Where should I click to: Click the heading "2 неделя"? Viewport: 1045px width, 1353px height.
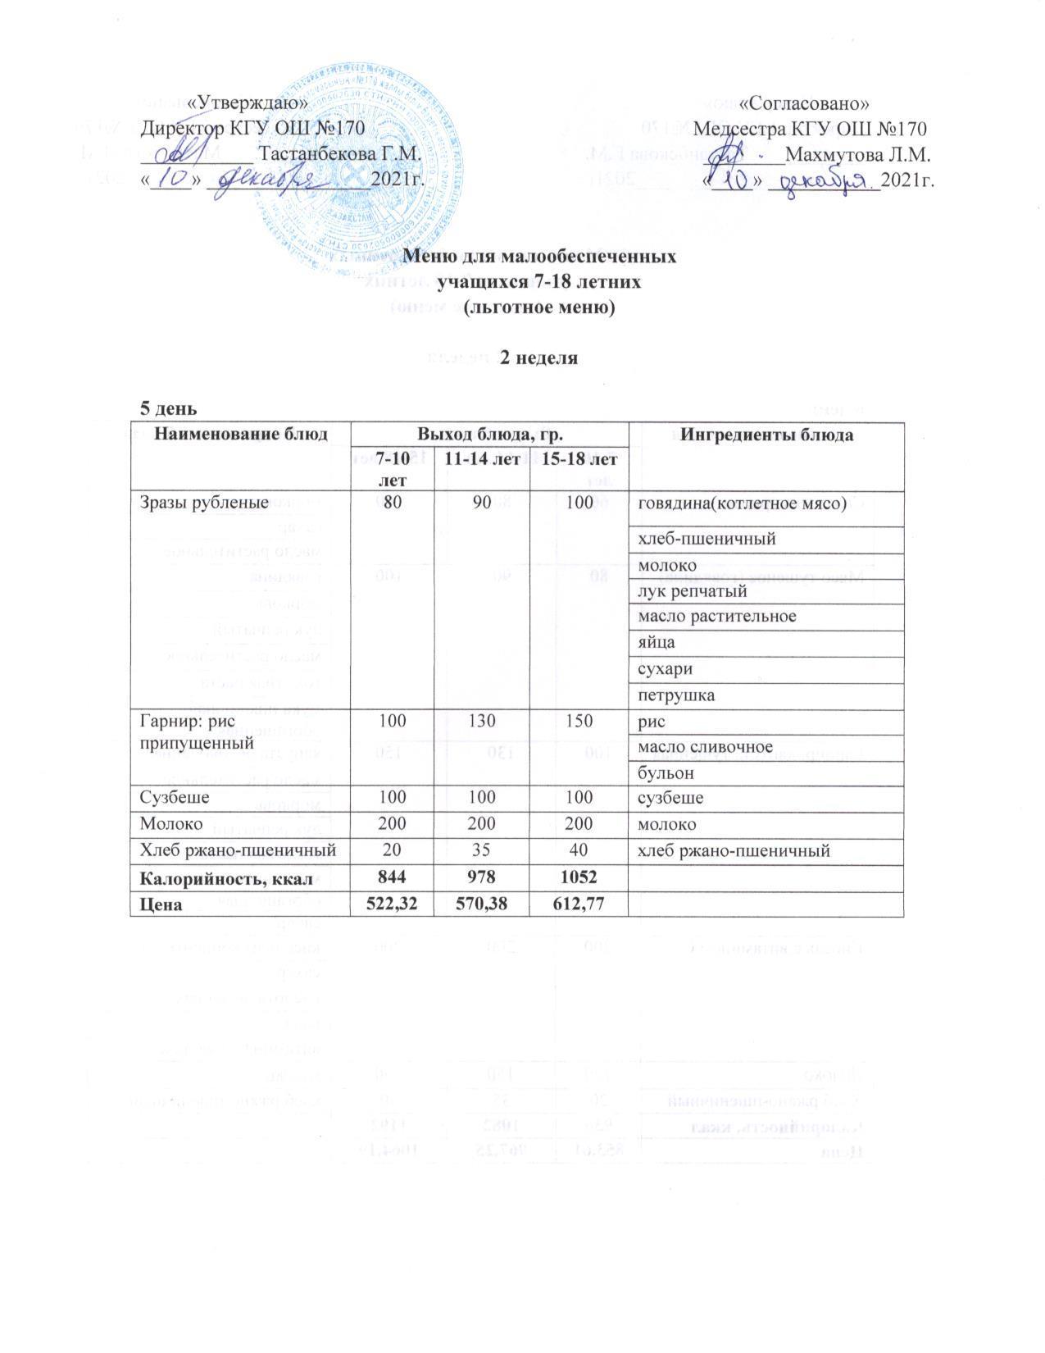click(539, 358)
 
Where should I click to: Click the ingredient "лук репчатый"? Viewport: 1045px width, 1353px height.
click(679, 590)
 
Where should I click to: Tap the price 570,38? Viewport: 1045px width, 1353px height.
click(482, 904)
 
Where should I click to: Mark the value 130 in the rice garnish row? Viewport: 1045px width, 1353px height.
click(482, 721)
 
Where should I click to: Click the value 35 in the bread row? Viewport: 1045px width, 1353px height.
click(482, 851)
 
